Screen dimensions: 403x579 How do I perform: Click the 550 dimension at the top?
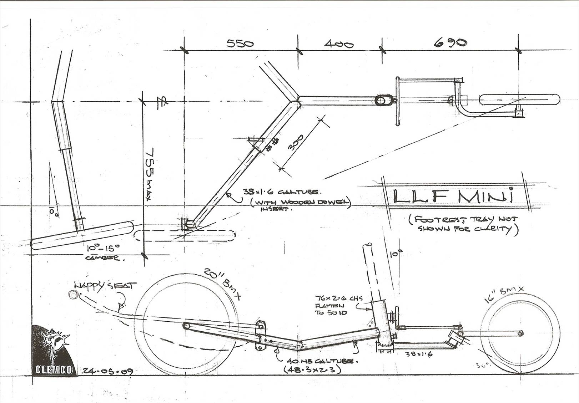[x=240, y=44]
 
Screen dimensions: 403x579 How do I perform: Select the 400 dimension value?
[x=338, y=44]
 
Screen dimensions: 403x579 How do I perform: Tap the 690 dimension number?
[x=450, y=43]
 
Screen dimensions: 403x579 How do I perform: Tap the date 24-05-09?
[x=108, y=372]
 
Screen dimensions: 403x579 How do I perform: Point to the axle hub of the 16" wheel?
[x=520, y=333]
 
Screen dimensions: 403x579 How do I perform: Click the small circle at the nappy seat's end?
[x=73, y=295]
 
